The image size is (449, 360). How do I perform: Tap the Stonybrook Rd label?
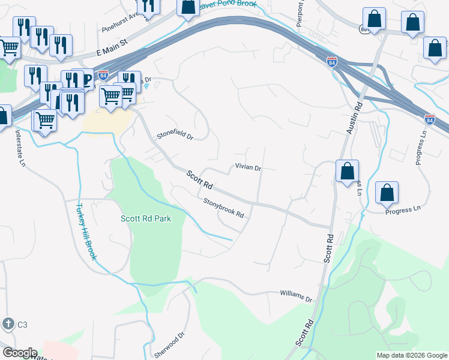coord(223,208)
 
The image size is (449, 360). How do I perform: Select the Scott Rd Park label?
coord(146,218)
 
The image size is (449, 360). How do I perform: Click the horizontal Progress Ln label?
coord(403,210)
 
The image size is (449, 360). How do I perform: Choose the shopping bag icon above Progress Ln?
coord(387,193)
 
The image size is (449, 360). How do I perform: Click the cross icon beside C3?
coord(8,324)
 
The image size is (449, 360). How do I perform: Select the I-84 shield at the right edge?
coord(429,119)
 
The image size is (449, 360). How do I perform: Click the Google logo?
coord(19,353)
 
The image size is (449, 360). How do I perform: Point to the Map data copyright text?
coord(411,355)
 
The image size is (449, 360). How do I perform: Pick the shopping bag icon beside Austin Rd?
coord(348,171)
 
